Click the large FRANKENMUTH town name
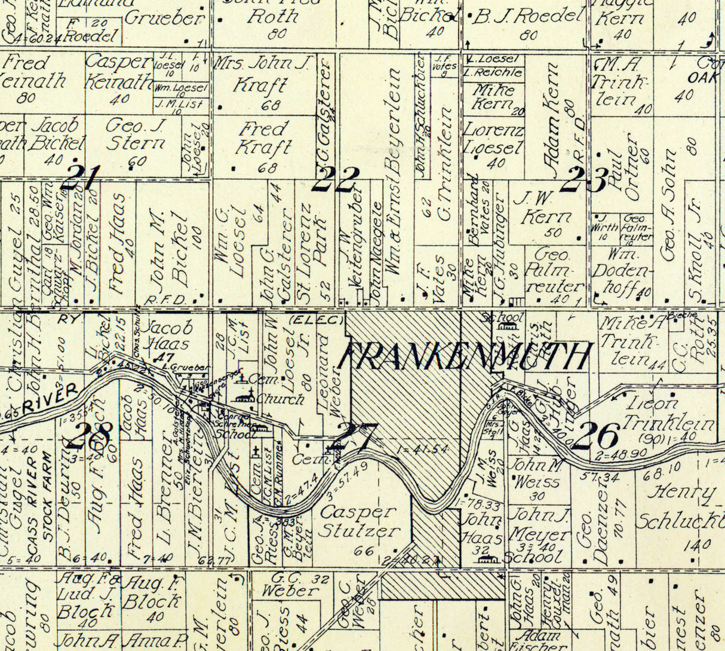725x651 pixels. coord(465,357)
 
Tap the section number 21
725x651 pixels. coord(80,177)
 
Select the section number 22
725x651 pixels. coord(337,179)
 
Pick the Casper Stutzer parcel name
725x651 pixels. coord(359,521)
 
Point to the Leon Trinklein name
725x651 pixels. coord(667,414)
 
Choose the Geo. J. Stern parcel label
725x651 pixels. coord(136,135)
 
